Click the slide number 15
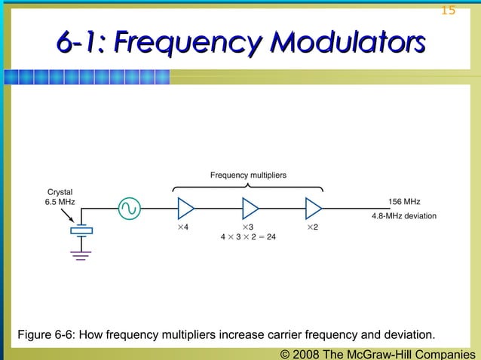448,10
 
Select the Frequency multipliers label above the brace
248,175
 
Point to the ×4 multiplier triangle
185,207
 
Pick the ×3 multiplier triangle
250,207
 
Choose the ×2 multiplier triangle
314,207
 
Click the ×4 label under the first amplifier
182,226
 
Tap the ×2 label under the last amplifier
312,226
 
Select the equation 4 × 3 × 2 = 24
248,236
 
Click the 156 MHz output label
404,202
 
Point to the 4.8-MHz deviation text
404,216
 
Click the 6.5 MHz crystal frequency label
60,202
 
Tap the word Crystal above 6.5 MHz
60,191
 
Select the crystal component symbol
81,230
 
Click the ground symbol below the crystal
81,255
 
